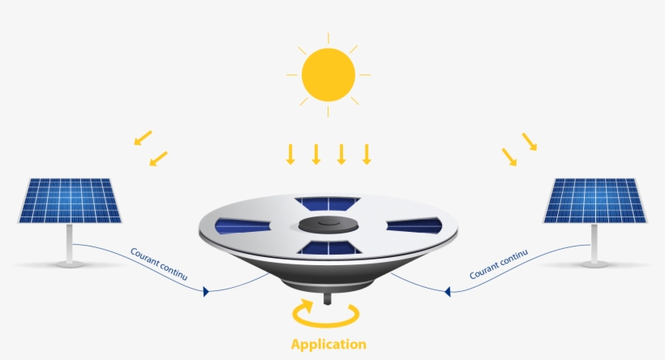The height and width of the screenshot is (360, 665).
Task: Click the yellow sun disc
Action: coord(328,75)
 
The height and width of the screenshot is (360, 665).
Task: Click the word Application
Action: coord(328,344)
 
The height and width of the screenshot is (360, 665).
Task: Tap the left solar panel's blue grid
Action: coord(71,201)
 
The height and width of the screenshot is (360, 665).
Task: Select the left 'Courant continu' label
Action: coord(159,265)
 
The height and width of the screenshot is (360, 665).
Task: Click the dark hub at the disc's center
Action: coord(328,225)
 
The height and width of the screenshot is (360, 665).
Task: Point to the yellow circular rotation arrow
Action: coord(328,314)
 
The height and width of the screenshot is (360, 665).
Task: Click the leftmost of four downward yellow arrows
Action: coord(290,153)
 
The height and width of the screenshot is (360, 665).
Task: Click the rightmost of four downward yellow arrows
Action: coord(367,153)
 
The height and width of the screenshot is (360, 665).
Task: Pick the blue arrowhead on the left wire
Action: coord(207,290)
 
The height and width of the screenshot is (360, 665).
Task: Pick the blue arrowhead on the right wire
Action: coord(447,290)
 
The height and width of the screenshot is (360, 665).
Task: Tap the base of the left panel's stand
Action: coord(71,262)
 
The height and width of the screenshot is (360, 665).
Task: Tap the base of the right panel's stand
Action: coord(594,262)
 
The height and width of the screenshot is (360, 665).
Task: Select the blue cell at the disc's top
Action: coord(328,203)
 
